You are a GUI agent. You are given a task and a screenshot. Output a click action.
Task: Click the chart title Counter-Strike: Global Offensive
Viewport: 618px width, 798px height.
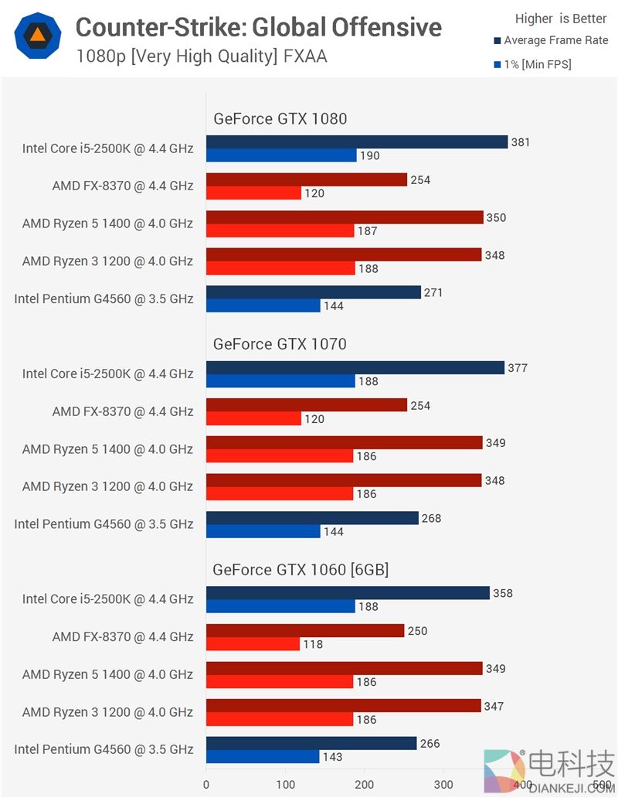click(258, 28)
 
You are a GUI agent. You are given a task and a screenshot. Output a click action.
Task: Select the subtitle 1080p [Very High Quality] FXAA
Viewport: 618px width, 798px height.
click(201, 56)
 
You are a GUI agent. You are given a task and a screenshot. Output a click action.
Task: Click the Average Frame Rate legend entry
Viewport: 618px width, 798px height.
click(555, 40)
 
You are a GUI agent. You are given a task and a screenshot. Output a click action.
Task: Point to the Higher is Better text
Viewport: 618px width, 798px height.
click(561, 19)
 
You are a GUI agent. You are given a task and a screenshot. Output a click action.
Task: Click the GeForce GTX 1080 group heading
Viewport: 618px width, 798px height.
click(280, 118)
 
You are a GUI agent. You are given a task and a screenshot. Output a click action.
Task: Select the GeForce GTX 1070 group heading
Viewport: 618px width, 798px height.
click(280, 344)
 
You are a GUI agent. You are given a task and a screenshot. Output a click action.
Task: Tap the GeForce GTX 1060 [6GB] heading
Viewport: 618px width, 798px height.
click(301, 570)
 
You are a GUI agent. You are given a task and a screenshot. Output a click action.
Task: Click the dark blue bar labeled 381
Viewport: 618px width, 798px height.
click(356, 142)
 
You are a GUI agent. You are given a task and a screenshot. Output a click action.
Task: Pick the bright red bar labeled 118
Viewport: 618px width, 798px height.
click(253, 643)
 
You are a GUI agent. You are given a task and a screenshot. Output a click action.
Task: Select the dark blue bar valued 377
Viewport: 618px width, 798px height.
click(355, 367)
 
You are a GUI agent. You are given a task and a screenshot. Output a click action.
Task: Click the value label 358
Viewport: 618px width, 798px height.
click(503, 593)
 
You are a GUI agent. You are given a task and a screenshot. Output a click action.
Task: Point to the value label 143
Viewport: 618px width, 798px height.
click(332, 757)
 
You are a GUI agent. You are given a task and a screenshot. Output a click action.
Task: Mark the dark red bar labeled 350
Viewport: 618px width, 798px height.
click(345, 217)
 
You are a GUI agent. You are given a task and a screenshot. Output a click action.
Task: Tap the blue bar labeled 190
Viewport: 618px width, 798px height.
click(281, 155)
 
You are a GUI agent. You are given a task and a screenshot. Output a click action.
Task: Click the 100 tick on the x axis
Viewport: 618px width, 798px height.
click(285, 784)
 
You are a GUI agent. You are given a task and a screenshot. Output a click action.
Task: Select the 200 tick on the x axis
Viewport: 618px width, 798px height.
click(364, 784)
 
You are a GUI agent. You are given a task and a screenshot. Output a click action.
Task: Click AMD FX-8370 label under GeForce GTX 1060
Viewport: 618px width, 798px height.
click(123, 637)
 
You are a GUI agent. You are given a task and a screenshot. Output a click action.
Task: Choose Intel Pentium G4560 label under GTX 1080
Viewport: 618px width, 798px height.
click(104, 298)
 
